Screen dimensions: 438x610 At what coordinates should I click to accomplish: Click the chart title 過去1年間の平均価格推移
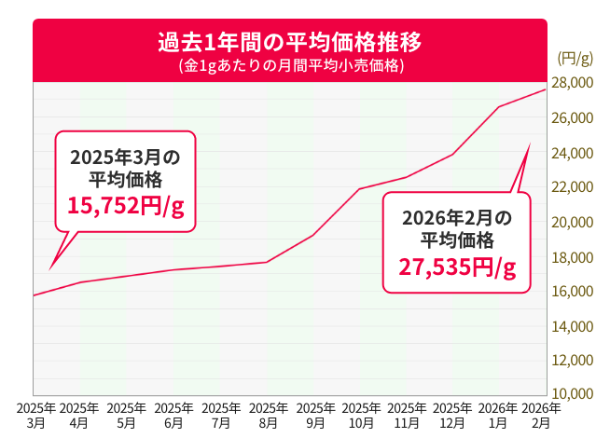pyautogui.click(x=289, y=43)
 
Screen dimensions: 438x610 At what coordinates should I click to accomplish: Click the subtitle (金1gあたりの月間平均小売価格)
pyautogui.click(x=289, y=66)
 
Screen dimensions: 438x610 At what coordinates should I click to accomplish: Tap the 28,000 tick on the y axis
pyautogui.click(x=574, y=84)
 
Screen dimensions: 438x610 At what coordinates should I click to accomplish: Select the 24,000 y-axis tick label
pyautogui.click(x=574, y=153)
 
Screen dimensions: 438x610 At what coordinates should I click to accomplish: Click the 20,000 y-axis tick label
pyautogui.click(x=574, y=222)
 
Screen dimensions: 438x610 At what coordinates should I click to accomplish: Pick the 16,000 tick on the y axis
pyautogui.click(x=574, y=291)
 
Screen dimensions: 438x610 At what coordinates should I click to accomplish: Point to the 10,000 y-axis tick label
pyautogui.click(x=574, y=393)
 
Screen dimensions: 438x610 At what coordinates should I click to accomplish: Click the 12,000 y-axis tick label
pyautogui.click(x=574, y=360)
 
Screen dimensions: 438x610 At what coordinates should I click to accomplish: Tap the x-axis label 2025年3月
pyautogui.click(x=35, y=415)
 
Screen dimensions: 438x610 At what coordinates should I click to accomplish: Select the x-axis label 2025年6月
pyautogui.click(x=173, y=415)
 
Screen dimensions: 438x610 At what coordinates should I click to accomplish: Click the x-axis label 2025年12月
pyautogui.click(x=452, y=415)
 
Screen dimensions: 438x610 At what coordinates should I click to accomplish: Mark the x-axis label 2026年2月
pyautogui.click(x=541, y=415)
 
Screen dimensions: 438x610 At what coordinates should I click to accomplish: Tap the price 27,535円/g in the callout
pyautogui.click(x=457, y=267)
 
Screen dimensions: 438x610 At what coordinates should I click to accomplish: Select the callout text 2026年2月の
pyautogui.click(x=457, y=217)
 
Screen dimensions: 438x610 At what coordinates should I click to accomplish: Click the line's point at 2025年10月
pyautogui.click(x=359, y=189)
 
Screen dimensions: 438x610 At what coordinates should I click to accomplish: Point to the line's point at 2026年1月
pyautogui.click(x=499, y=107)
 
